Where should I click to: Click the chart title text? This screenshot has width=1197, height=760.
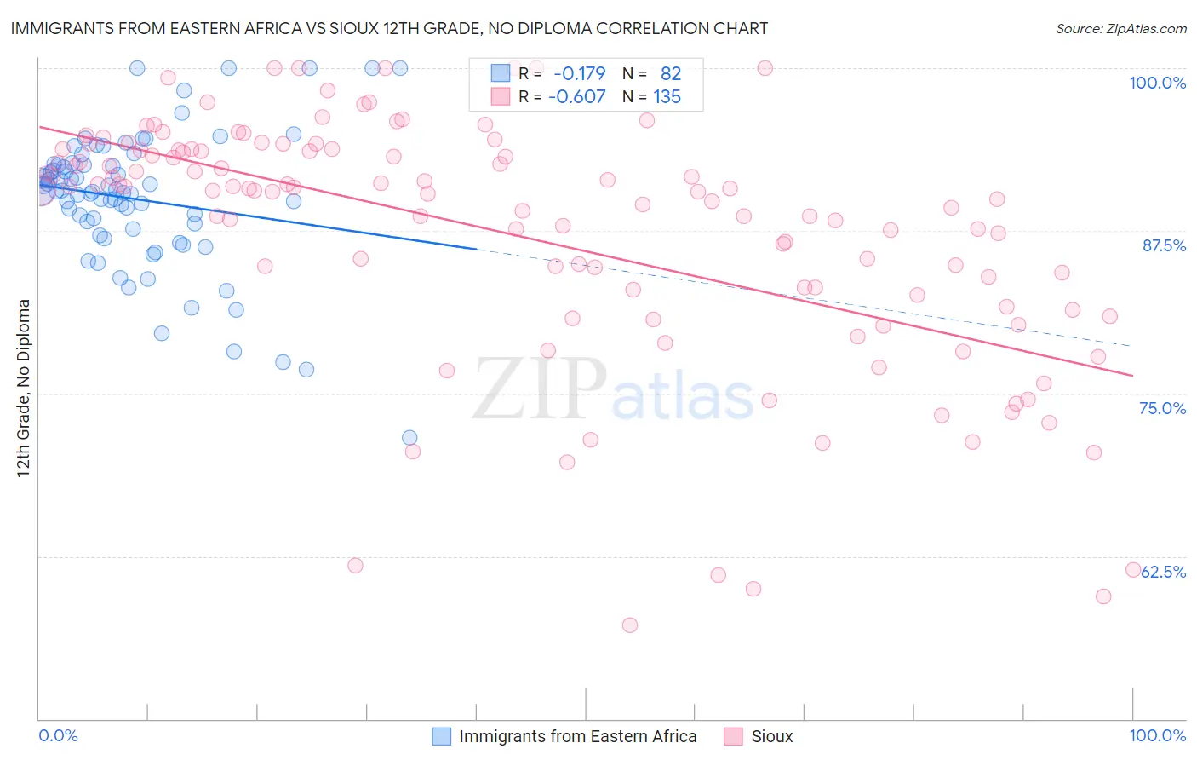point(389,29)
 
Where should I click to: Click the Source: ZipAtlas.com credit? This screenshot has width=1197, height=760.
point(1120,29)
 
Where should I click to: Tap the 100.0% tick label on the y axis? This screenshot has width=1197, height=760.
point(1157,83)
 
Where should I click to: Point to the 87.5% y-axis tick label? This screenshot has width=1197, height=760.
point(1164,245)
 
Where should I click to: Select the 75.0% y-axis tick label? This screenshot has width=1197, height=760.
point(1162,408)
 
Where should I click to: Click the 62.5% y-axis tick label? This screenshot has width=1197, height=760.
point(1164,572)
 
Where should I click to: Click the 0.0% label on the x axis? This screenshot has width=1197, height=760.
point(59,735)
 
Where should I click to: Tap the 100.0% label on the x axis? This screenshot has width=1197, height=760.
point(1157,735)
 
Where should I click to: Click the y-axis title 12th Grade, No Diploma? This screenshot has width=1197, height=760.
point(24,388)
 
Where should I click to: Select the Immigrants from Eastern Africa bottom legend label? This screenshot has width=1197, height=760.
point(577,736)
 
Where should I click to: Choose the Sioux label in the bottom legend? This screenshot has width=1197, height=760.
point(771,736)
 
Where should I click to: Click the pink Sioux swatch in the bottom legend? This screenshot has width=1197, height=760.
point(733,736)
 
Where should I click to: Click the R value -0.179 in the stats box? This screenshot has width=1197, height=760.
point(579,74)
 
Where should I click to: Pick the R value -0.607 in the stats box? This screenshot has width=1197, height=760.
point(576,97)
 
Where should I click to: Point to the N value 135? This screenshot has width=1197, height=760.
point(667,97)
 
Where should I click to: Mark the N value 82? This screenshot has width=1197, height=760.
point(671,74)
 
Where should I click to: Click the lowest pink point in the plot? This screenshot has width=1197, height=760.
point(630,625)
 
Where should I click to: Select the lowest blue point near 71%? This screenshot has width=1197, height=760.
point(409,438)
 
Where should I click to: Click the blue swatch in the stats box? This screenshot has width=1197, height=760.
point(500,73)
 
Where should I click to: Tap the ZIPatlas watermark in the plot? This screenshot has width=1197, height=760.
point(613,390)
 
